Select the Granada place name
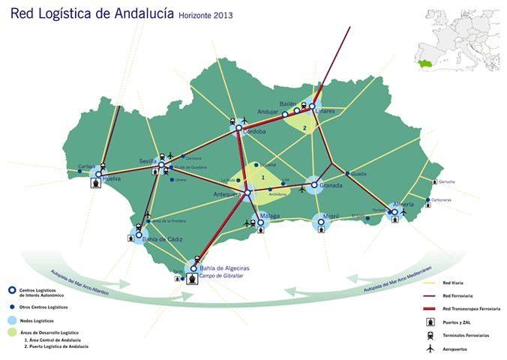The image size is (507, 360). click(331, 185)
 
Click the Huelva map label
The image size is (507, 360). click(112, 179)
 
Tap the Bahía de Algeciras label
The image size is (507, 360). click(225, 268)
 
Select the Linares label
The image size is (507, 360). click(324, 112)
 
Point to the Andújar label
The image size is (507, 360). click(268, 112)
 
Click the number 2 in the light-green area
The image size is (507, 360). click(304, 128)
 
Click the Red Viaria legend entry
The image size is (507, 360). click(453, 283)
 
